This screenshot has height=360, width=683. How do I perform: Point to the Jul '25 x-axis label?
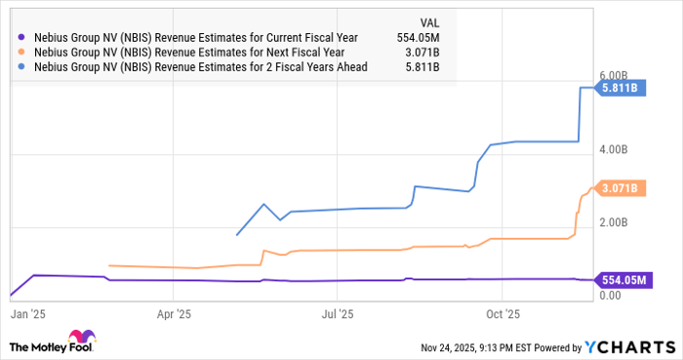click(337, 314)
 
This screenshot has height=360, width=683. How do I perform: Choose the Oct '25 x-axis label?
click(501, 314)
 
